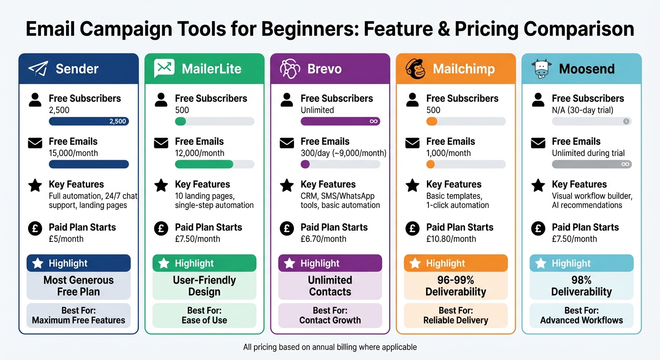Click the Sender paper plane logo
[38, 69]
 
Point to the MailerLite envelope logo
[164, 69]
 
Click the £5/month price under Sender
[66, 239]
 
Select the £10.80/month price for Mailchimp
[451, 239]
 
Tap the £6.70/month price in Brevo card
[323, 239]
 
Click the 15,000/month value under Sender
[73, 153]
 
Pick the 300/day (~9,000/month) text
[344, 153]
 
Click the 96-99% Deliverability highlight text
[456, 286]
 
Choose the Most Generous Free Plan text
[78, 286]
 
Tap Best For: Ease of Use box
[204, 315]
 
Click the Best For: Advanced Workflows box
[581, 315]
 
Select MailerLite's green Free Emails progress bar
[204, 164]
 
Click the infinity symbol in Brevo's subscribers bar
[374, 121]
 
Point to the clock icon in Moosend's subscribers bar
[626, 121]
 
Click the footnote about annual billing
[330, 347]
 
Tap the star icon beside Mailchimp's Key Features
[412, 186]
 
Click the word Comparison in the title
[579, 29]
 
